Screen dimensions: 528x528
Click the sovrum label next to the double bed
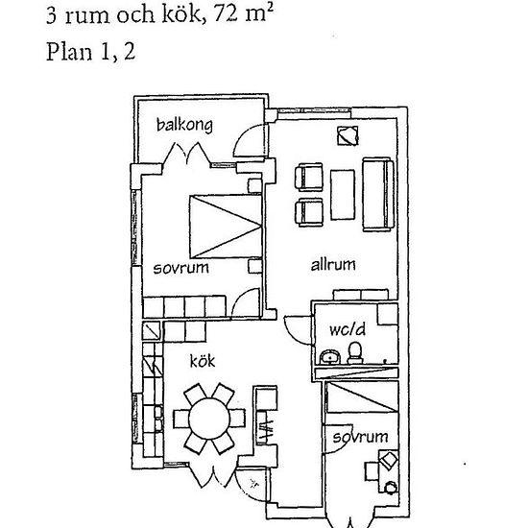[x=180, y=268]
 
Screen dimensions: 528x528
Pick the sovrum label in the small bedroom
[x=360, y=437]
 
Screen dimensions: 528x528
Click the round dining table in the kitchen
[x=205, y=418]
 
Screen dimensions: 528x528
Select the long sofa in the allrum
[x=378, y=195]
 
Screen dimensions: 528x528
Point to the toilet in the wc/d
[x=355, y=351]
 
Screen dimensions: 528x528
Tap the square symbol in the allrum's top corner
[x=345, y=135]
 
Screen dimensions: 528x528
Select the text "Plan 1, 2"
[x=90, y=52]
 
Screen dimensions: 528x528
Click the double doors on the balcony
[x=184, y=155]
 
